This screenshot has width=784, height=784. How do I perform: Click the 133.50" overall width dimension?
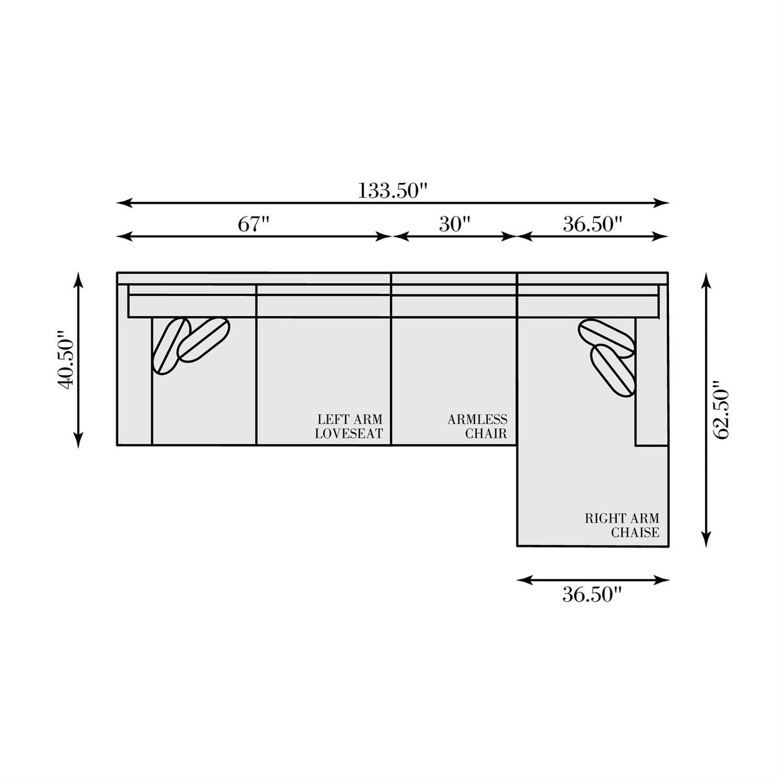(393, 190)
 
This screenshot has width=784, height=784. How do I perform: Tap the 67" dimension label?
(254, 224)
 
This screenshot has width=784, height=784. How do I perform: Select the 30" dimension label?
(455, 224)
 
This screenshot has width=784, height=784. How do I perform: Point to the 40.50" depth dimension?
(66, 359)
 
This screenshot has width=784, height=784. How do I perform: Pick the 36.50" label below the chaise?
(593, 595)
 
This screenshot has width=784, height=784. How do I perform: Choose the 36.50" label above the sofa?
(593, 224)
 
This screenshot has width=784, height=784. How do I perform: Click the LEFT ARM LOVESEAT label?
(349, 426)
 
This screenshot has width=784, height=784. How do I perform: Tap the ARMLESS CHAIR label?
(477, 426)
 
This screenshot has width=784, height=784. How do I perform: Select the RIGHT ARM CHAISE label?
(622, 525)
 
